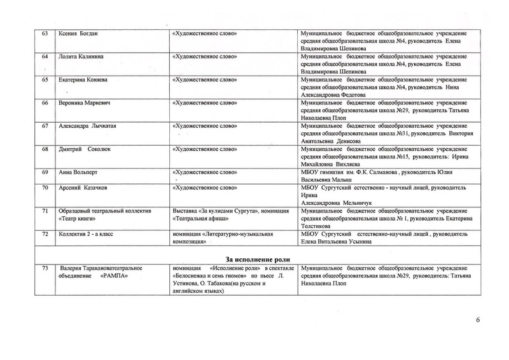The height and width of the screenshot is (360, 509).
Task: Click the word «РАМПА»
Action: (x=113, y=276)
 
